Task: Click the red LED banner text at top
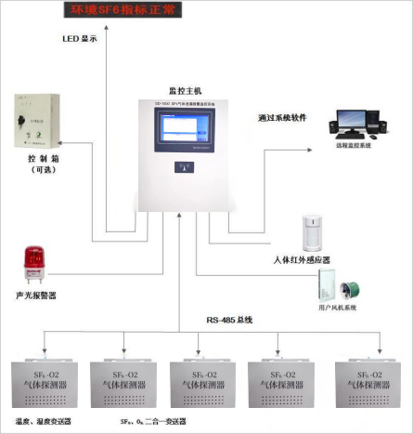[x=128, y=12]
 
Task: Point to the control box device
[x=36, y=122]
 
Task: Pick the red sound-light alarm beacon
[x=35, y=263]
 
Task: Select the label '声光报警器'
[x=36, y=296]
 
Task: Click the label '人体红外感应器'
[x=302, y=260]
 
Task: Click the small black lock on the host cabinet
[x=183, y=167]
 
